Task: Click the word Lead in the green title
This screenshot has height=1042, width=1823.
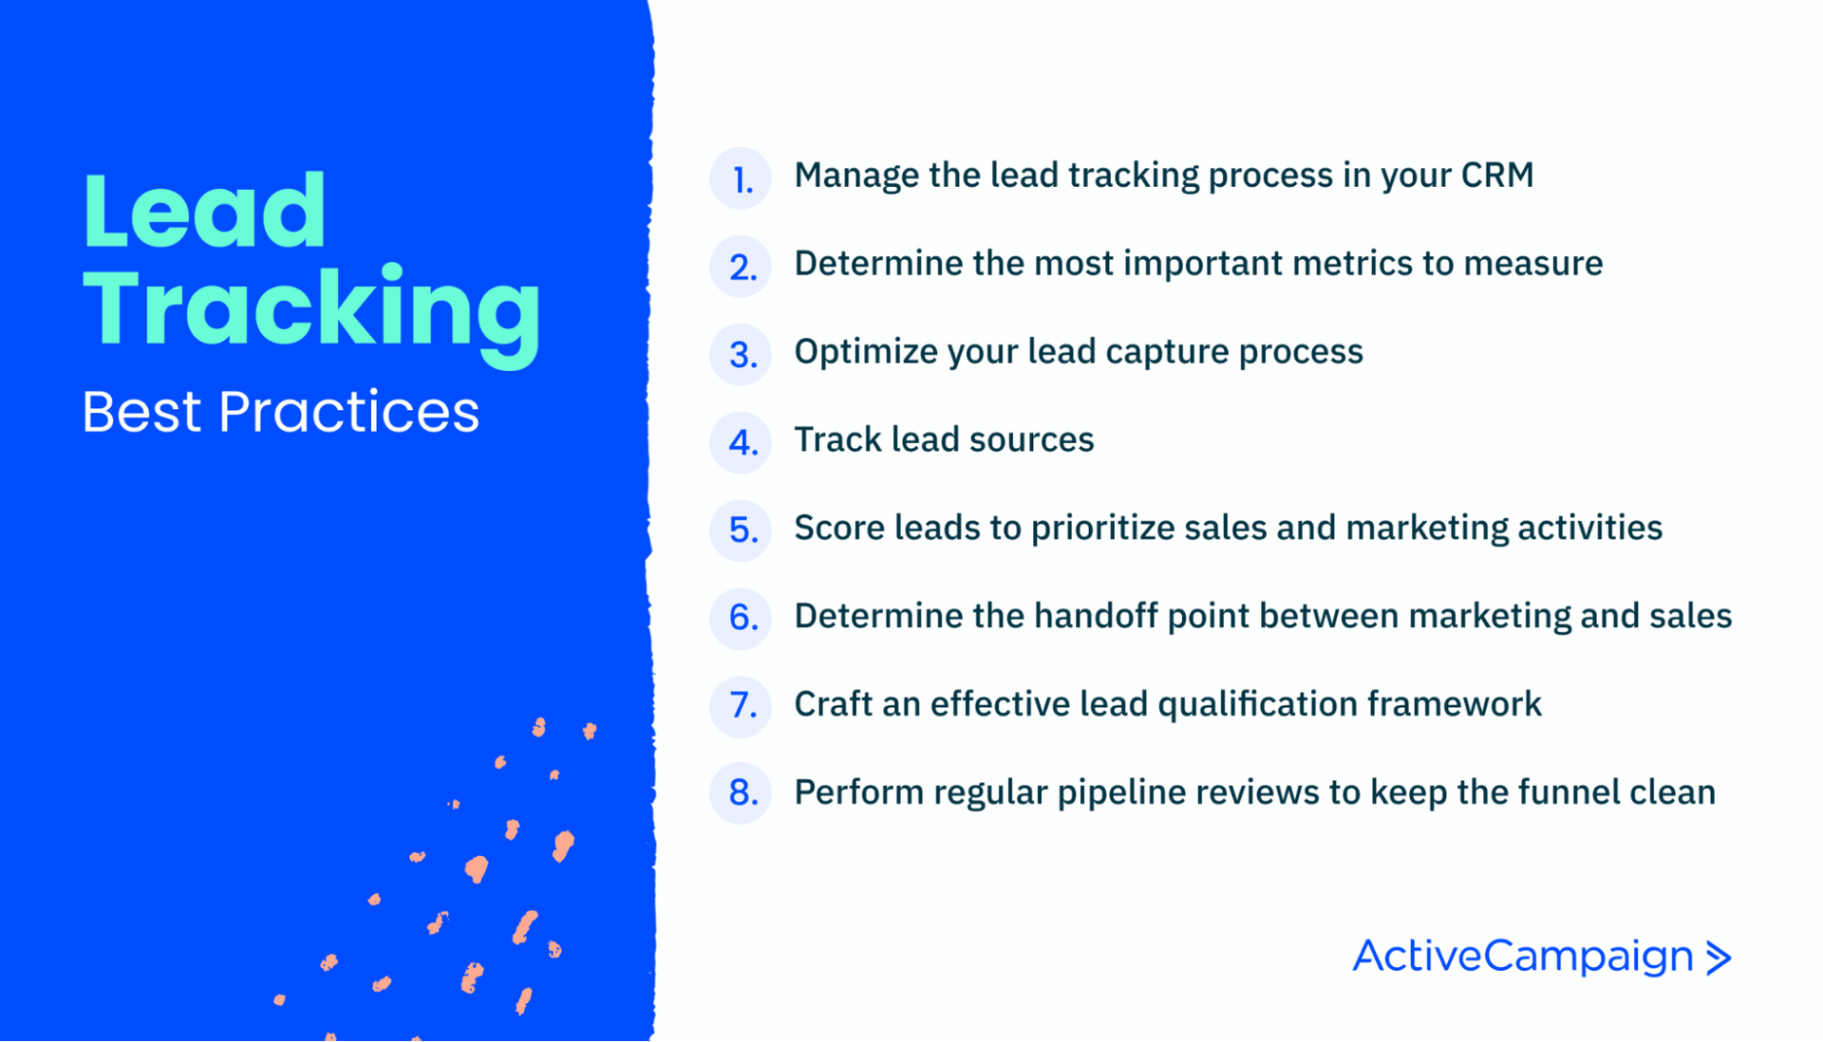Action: point(204,211)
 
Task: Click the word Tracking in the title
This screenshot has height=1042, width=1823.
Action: point(311,310)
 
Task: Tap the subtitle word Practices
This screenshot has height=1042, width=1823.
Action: point(349,412)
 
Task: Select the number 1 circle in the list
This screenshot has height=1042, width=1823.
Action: point(741,177)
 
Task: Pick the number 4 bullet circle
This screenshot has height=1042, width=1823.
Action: point(741,442)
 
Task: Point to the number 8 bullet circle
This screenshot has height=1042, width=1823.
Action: point(741,792)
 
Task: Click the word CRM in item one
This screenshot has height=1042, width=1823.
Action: point(1497,176)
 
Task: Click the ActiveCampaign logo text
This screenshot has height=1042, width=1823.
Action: point(1523,957)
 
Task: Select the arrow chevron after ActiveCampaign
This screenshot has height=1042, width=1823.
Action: point(1719,958)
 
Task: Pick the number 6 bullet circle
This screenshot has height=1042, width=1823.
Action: point(741,618)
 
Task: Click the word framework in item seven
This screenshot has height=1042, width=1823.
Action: point(1455,705)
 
